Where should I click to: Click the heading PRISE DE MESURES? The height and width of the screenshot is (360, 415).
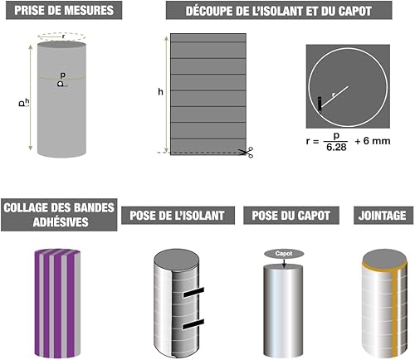coord(64,10)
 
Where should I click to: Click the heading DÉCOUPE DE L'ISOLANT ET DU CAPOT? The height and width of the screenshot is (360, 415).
coord(279,11)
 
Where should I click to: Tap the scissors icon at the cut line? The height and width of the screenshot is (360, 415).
coord(247,153)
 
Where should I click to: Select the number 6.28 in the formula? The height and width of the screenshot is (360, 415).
coord(336,147)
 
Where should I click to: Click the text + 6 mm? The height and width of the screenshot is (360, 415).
coord(373,141)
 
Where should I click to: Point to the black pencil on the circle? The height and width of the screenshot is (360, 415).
coord(320,105)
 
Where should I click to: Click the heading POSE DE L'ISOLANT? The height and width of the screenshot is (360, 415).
coord(177,216)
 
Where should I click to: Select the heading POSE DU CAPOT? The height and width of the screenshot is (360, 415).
coord(291,216)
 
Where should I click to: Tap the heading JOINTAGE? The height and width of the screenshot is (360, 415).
coord(383,216)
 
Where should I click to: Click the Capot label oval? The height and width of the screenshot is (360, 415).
coord(284,254)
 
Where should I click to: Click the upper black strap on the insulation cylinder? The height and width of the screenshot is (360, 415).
coord(193,293)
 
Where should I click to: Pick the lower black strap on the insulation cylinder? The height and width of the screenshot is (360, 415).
coord(193,324)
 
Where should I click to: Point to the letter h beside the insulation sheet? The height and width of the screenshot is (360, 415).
coord(160,92)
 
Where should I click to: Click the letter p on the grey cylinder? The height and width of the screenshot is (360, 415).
coord(63,75)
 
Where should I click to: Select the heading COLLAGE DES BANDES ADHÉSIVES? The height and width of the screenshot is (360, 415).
coord(59,215)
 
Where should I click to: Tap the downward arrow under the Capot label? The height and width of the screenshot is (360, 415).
coord(284,263)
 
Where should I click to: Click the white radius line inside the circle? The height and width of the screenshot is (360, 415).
coord(334,97)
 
